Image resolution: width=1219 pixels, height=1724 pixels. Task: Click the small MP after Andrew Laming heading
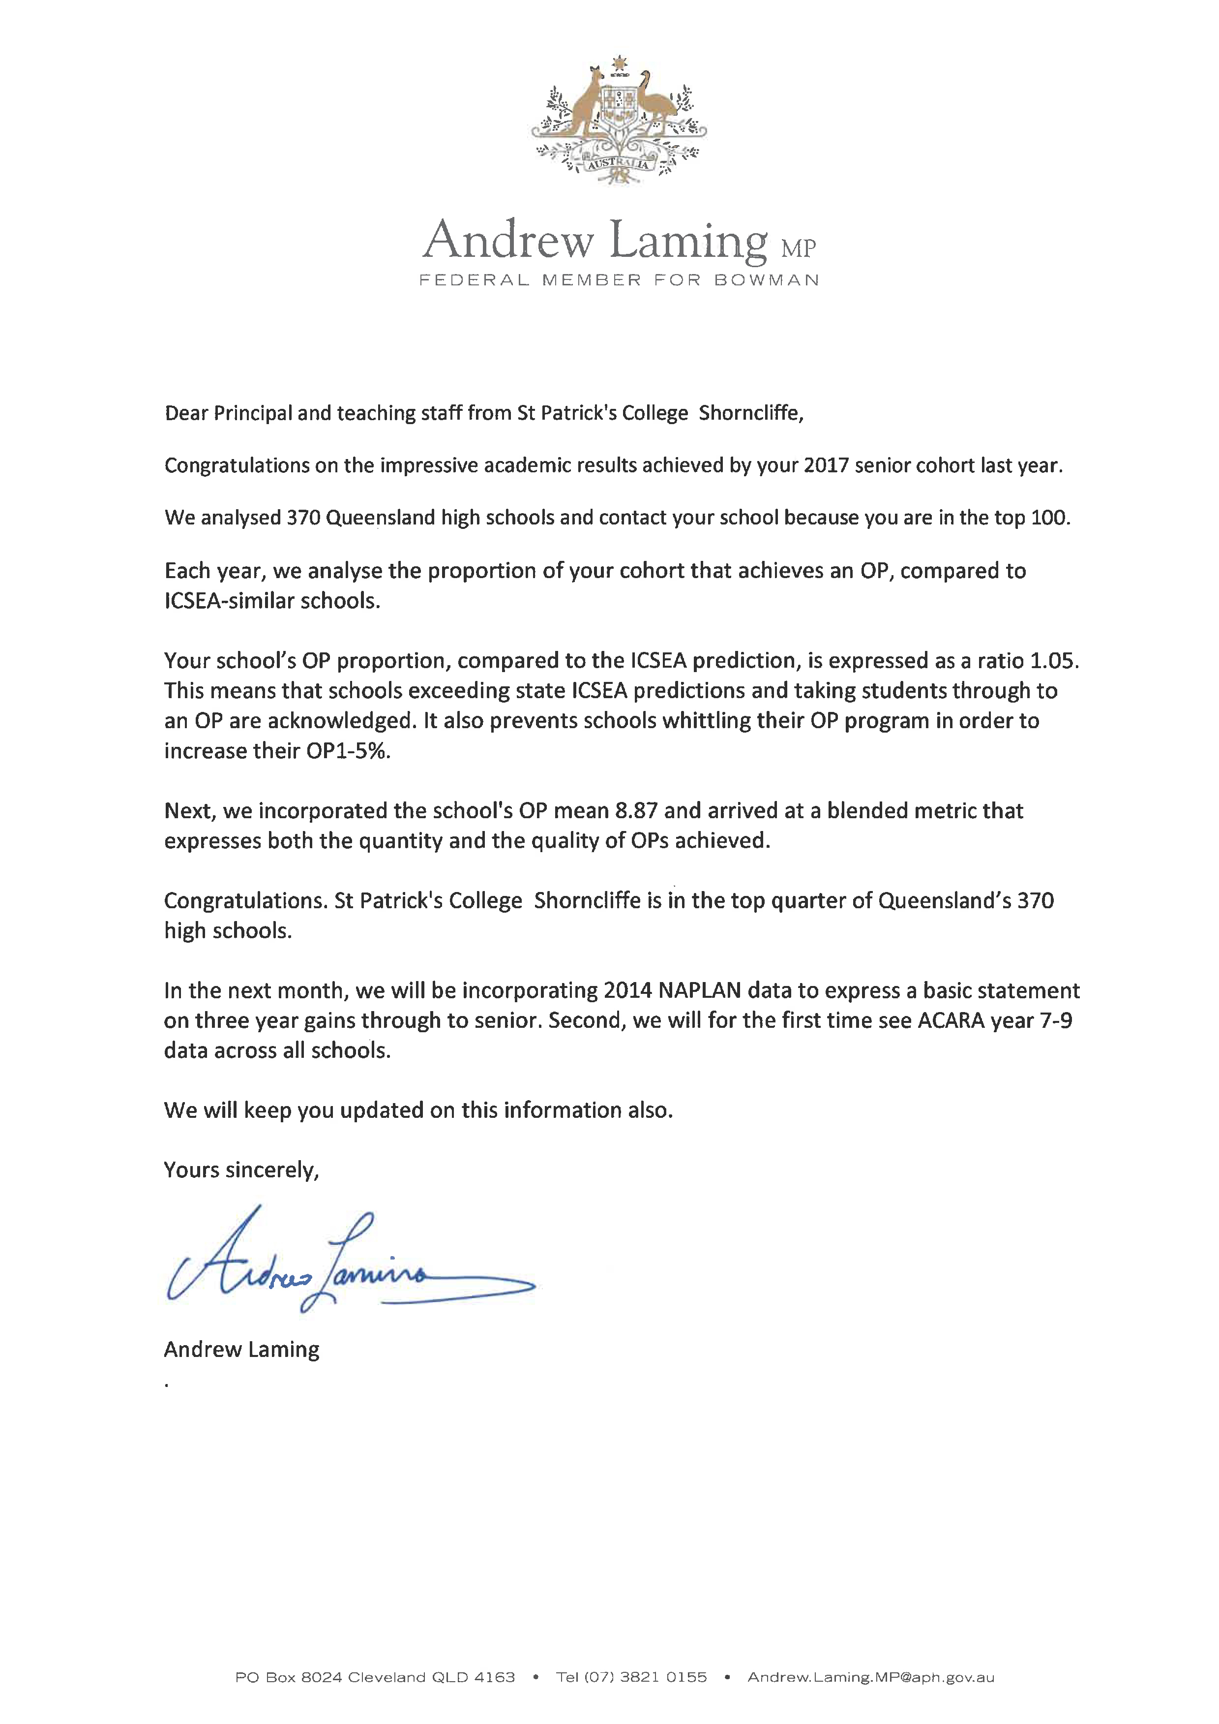(x=798, y=248)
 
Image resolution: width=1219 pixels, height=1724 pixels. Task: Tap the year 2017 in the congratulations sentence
(x=826, y=465)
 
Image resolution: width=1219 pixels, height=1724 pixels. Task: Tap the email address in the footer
(x=871, y=1677)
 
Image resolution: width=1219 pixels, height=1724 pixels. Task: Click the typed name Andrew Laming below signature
(x=242, y=1349)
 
